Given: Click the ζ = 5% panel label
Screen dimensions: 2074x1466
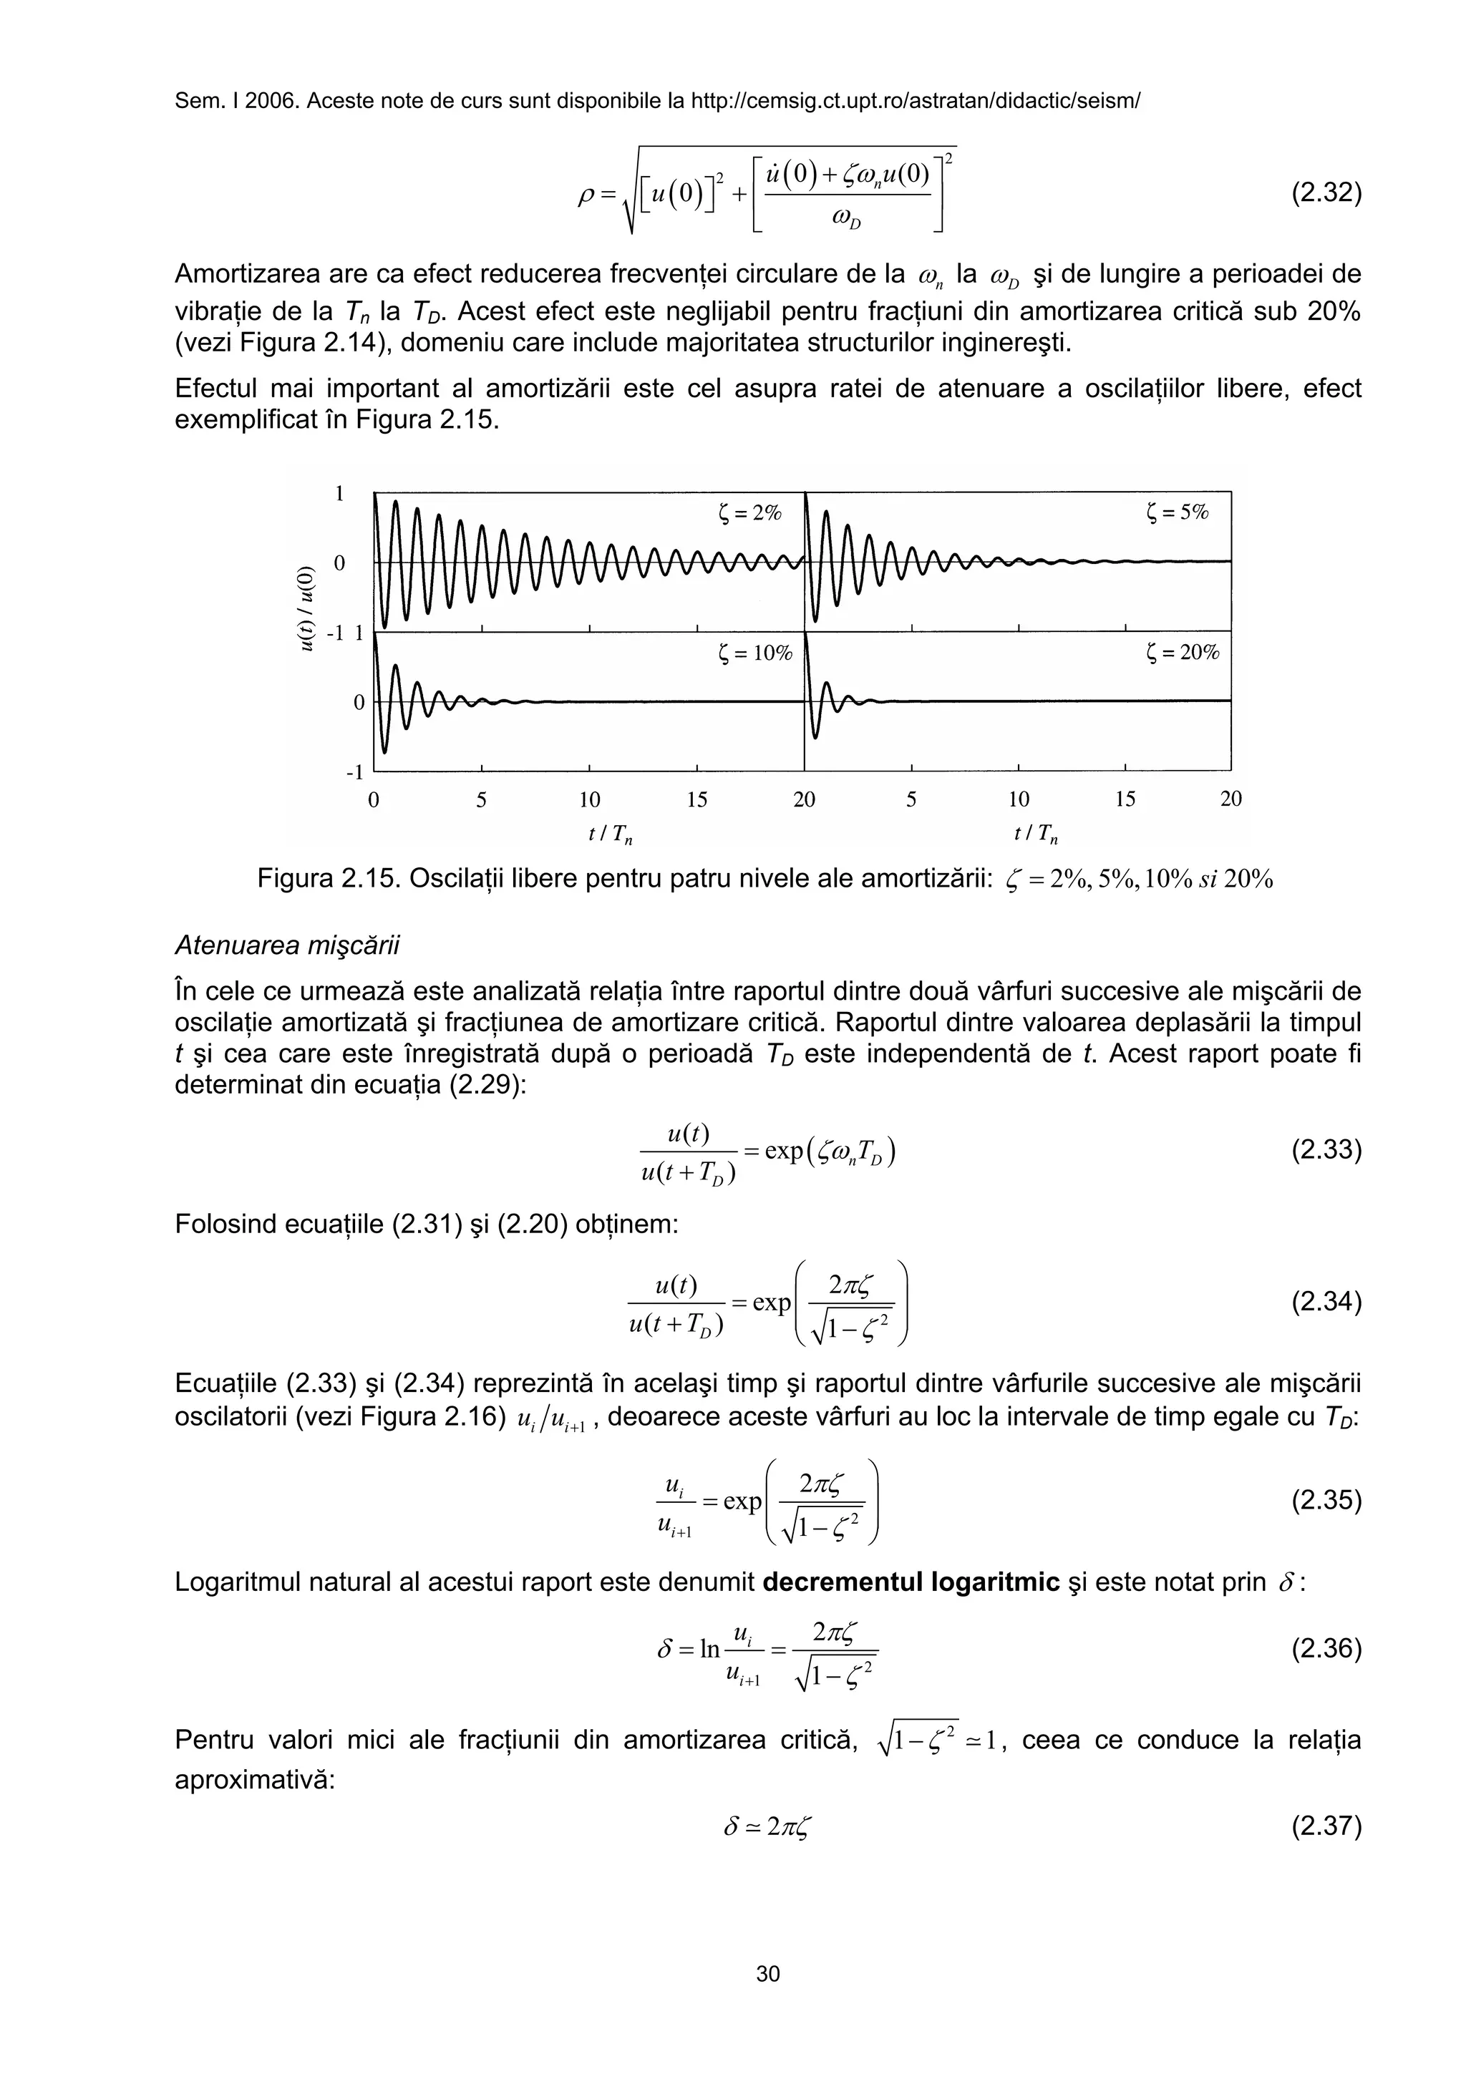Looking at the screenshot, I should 1176,513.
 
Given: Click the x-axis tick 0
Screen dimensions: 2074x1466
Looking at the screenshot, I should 374,799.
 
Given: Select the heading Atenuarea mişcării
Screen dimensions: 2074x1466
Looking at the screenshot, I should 286,946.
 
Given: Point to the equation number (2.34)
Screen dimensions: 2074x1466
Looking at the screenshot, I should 1325,1302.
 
